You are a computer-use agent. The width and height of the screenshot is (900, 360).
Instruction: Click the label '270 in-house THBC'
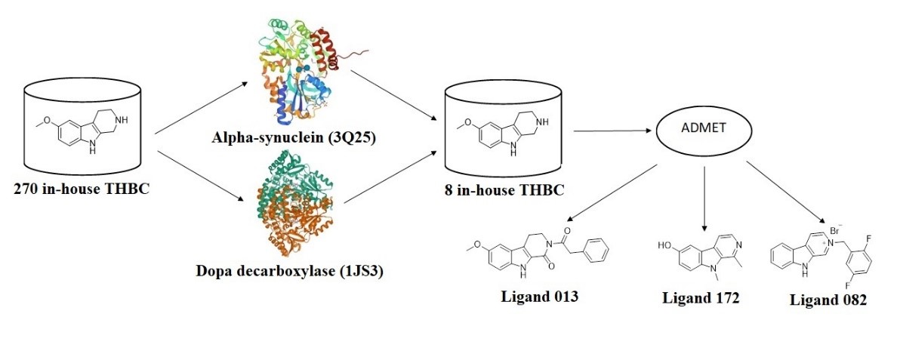83,188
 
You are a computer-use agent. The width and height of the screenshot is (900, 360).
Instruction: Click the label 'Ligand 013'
540,296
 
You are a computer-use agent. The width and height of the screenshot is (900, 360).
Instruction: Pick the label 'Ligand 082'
828,300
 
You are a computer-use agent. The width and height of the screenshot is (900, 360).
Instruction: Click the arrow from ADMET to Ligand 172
704,196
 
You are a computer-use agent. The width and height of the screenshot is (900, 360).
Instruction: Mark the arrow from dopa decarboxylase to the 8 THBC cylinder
390,178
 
